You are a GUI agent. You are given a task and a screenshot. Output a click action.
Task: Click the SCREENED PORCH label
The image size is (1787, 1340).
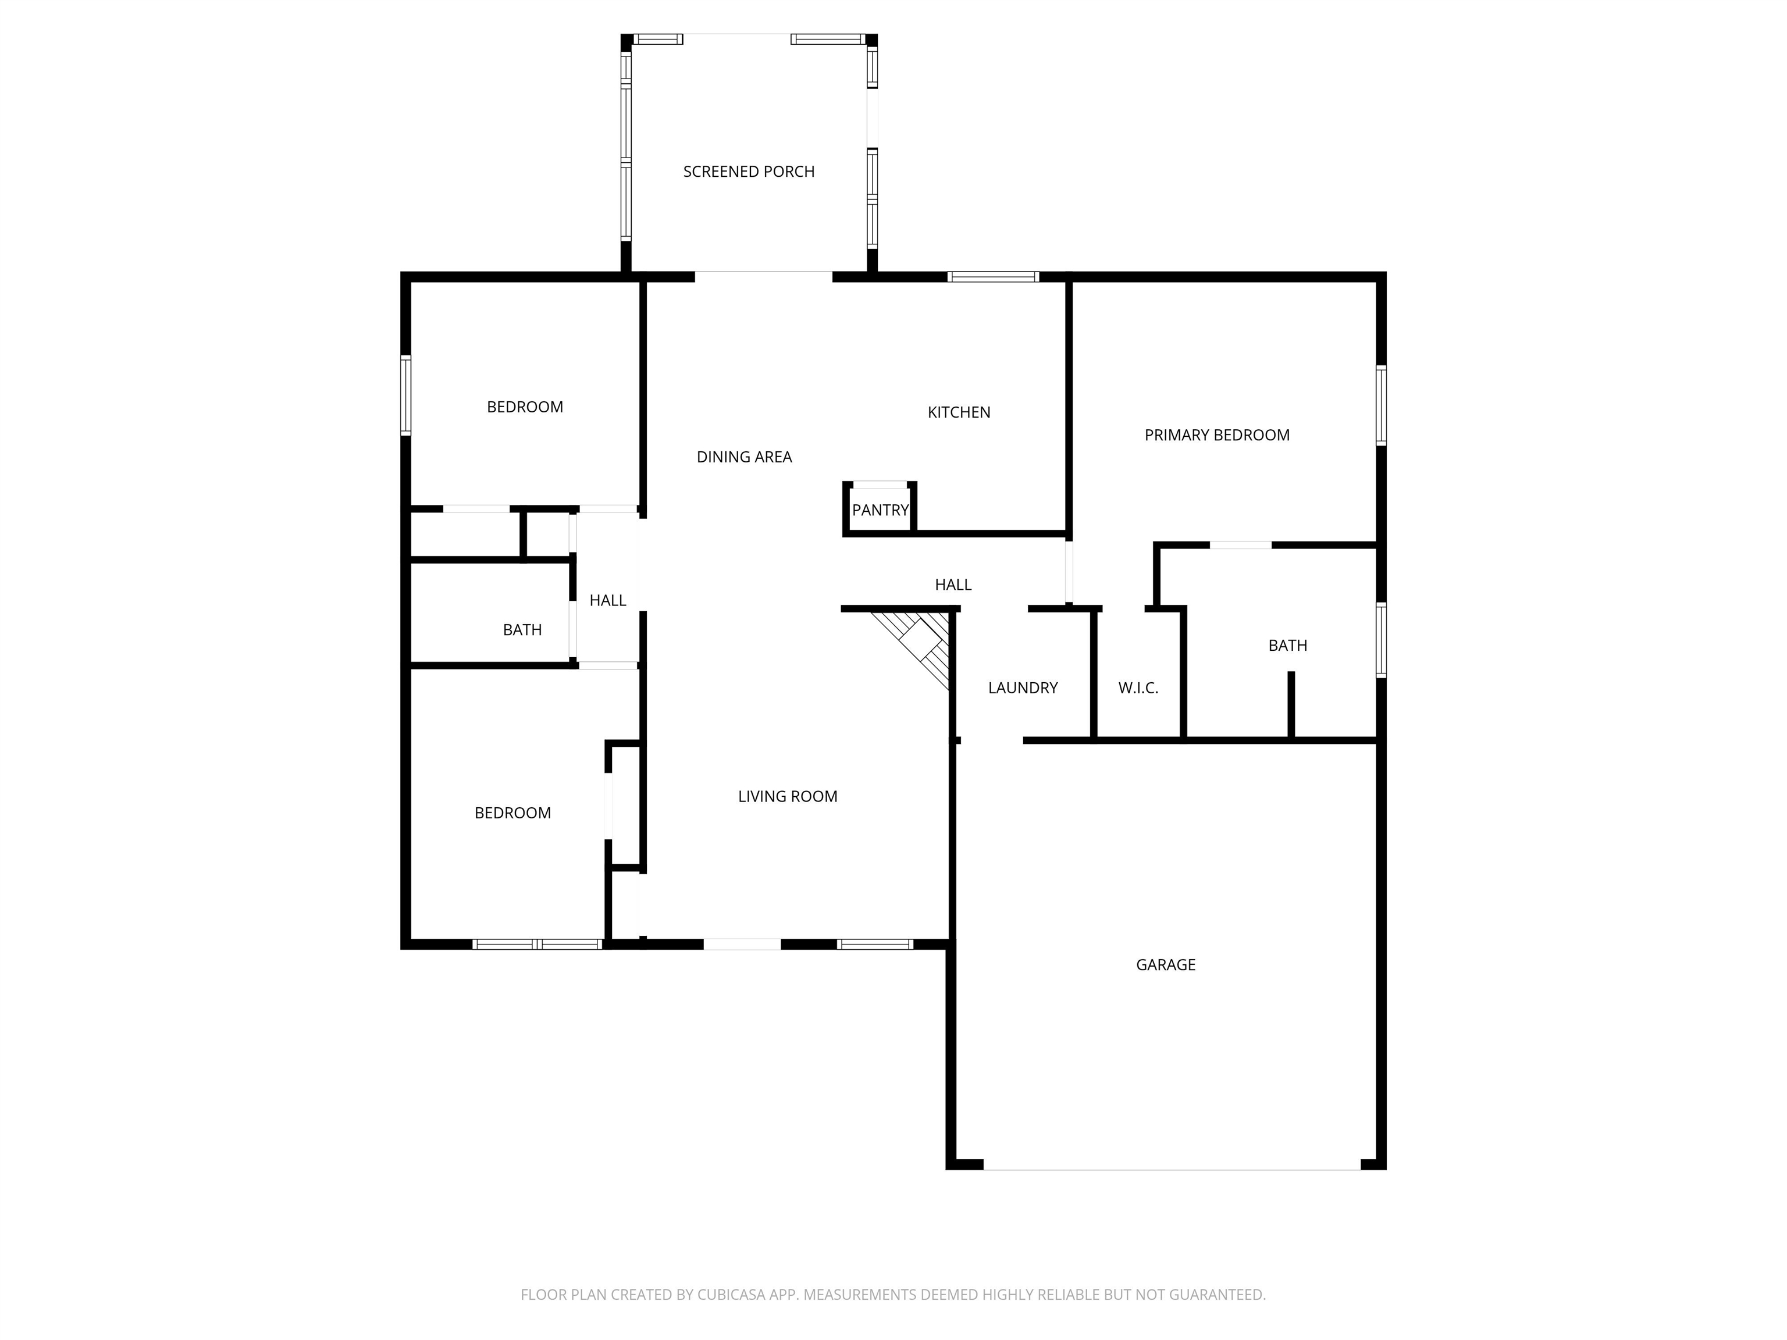[x=749, y=171]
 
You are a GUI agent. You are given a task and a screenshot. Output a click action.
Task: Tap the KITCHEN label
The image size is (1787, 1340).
[x=959, y=412]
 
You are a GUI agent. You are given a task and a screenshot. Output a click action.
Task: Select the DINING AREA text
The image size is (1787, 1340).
[x=744, y=457]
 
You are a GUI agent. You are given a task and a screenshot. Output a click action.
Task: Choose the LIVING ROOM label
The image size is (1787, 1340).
[x=788, y=796]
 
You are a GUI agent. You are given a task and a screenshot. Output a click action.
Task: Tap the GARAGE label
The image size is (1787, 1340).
[x=1166, y=964]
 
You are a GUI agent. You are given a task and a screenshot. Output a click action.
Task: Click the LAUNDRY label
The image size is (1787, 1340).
[x=1023, y=688]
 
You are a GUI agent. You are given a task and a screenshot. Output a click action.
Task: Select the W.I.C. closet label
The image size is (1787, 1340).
[x=1138, y=688]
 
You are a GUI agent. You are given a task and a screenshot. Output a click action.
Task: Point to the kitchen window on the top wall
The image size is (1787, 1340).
[x=993, y=277]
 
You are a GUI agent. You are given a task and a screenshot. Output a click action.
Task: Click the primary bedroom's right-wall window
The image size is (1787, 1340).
[x=1382, y=405]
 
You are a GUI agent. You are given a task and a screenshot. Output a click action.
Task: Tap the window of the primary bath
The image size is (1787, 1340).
[x=1382, y=640]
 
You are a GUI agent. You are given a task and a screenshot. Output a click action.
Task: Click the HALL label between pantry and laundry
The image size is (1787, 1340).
[x=953, y=585]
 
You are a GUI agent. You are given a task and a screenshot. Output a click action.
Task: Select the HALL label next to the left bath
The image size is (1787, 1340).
[x=607, y=600]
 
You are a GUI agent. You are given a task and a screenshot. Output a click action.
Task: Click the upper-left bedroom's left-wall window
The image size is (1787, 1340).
[x=405, y=396]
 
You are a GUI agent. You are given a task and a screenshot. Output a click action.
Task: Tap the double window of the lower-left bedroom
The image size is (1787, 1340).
[x=537, y=944]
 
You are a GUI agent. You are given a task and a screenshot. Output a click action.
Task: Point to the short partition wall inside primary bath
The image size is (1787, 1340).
[x=1291, y=705]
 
